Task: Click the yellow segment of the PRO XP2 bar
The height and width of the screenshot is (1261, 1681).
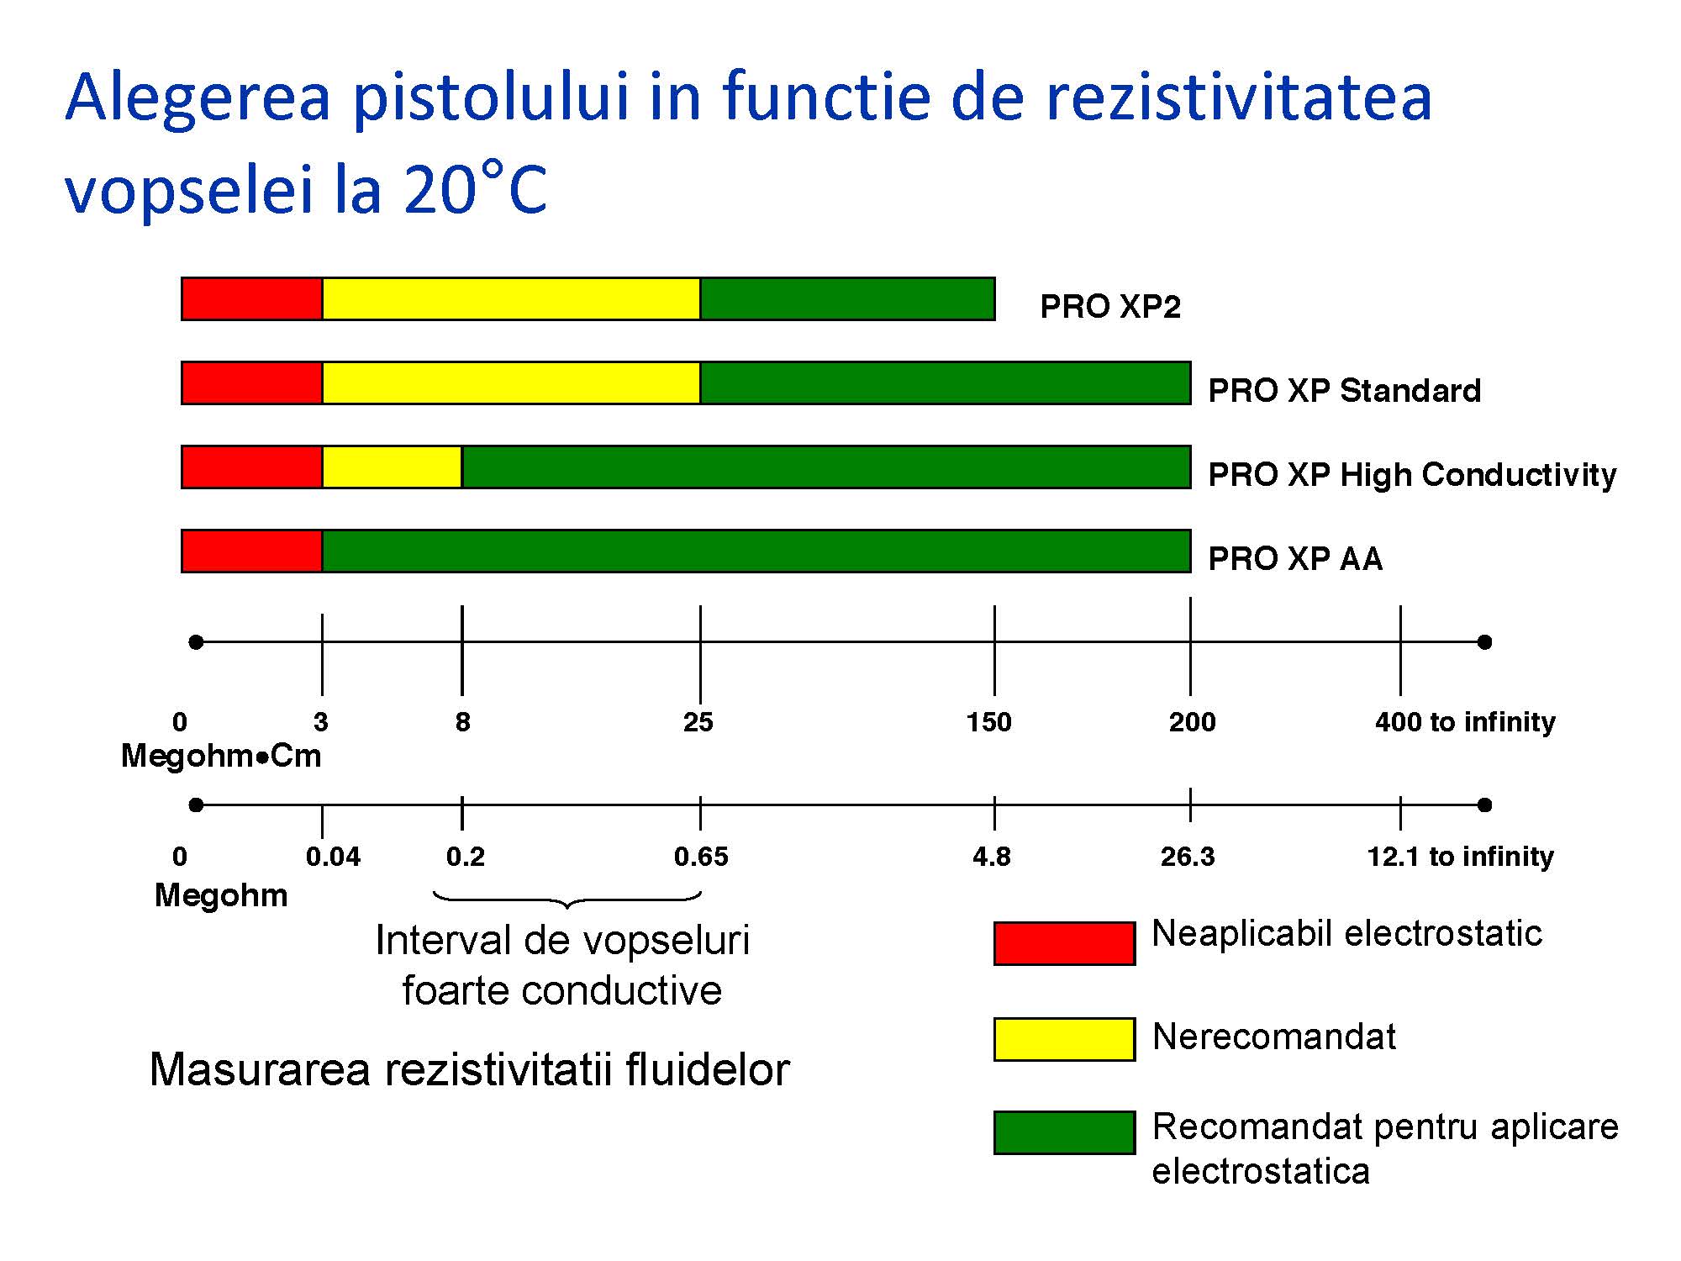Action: pos(511,299)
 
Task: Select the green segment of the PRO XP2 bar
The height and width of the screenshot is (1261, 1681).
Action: pos(847,299)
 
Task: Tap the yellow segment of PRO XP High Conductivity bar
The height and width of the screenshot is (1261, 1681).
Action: pos(393,467)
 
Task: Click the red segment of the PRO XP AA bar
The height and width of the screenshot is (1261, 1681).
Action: pos(252,551)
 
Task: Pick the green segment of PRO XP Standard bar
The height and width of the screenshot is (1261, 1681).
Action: pos(946,383)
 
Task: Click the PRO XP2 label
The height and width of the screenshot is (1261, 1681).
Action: pos(1110,307)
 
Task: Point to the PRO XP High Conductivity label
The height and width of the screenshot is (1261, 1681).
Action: pos(1412,475)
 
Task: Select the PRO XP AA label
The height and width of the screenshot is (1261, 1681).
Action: pos(1295,559)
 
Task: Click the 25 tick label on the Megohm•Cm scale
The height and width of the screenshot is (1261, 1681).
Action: pos(698,722)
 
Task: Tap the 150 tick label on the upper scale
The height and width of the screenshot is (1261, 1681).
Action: pos(989,722)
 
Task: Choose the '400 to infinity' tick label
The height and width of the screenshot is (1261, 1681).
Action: pos(1465,722)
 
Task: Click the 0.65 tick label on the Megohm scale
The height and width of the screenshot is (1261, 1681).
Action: pos(701,857)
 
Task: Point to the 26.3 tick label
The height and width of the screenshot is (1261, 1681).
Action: pos(1188,857)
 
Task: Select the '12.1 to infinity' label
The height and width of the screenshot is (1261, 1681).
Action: pos(1461,857)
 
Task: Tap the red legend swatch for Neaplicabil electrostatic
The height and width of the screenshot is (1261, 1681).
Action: pos(1065,943)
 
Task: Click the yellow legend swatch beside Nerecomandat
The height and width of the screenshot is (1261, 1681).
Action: pos(1065,1039)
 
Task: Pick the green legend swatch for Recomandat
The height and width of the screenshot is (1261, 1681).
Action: pos(1065,1132)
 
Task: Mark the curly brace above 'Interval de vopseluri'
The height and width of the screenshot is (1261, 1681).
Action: pos(567,900)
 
